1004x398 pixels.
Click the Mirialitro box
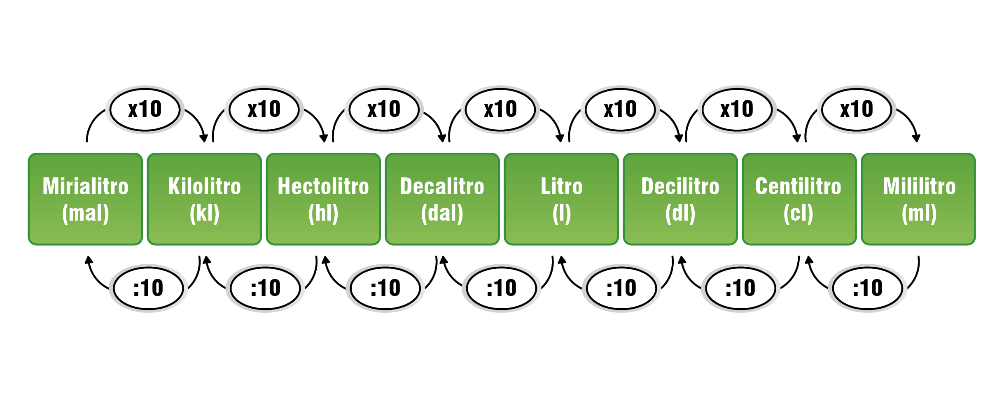tap(85, 199)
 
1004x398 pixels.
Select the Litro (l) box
tap(561, 199)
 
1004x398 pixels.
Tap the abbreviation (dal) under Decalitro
tap(442, 213)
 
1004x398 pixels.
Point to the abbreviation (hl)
tap(323, 213)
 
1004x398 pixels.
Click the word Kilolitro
tap(204, 186)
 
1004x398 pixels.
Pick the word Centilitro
tap(798, 186)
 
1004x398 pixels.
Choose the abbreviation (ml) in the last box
tap(919, 213)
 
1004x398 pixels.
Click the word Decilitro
tap(680, 186)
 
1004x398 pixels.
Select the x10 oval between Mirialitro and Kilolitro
tap(145, 109)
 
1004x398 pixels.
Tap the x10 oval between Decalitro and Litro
tap(500, 109)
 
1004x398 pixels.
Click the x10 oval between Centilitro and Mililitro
tap(857, 109)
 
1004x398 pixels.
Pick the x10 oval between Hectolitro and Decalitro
tap(384, 109)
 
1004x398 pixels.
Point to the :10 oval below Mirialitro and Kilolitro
tap(148, 288)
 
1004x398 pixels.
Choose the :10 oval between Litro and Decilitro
tap(621, 288)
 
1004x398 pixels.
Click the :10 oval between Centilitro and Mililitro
tap(868, 288)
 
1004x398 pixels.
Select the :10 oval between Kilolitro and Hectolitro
tap(266, 288)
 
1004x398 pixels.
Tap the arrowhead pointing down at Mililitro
tap(916, 138)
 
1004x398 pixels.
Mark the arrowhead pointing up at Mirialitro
tap(89, 260)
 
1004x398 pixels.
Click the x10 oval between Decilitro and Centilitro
tap(737, 109)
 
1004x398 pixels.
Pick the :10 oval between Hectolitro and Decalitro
tap(385, 288)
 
